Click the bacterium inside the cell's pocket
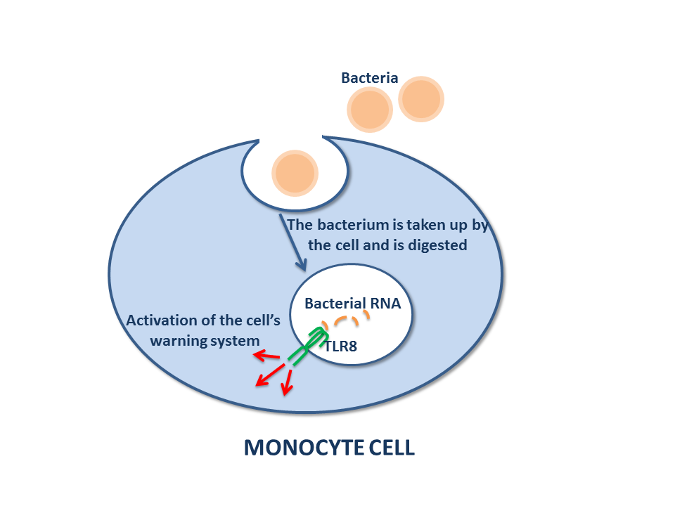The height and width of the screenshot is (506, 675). click(295, 173)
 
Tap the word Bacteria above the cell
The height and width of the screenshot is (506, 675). click(370, 78)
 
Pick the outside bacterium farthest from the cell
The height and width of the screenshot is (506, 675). click(422, 98)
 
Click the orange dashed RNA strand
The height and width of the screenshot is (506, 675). click(350, 320)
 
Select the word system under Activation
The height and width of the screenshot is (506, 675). click(237, 340)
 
